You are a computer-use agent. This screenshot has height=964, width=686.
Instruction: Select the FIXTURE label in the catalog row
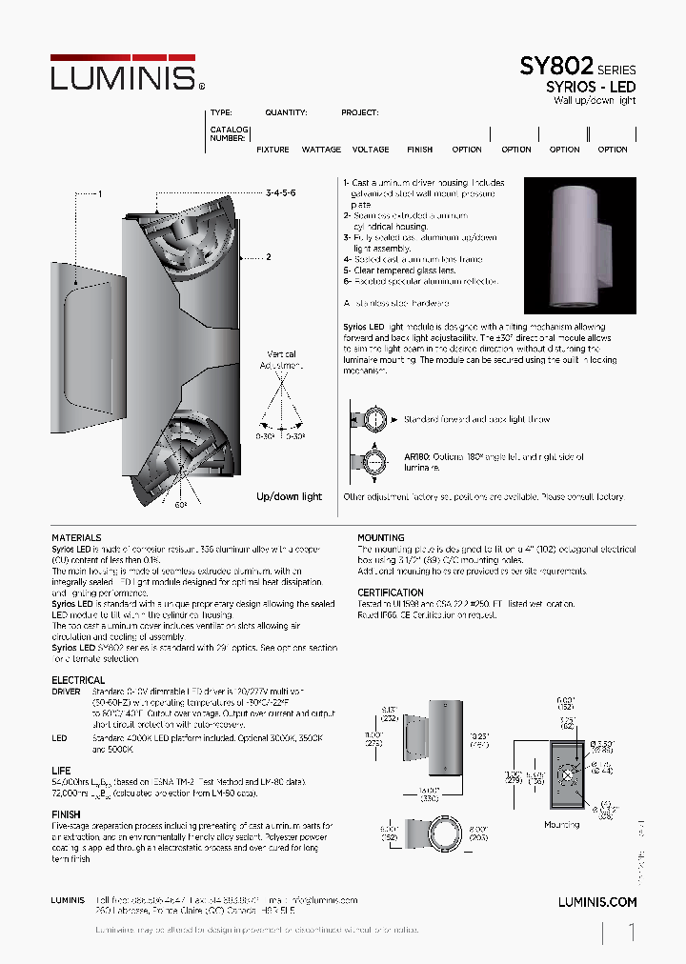pyautogui.click(x=272, y=150)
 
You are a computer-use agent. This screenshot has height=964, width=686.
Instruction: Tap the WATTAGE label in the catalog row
pyautogui.click(x=321, y=150)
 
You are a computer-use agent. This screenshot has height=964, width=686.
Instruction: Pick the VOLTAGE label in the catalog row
pyautogui.click(x=371, y=150)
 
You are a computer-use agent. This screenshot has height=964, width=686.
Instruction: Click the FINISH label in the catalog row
pyautogui.click(x=419, y=150)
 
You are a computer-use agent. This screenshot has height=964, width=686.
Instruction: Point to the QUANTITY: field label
pyautogui.click(x=286, y=112)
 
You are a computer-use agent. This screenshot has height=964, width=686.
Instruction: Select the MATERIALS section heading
pyautogui.click(x=76, y=538)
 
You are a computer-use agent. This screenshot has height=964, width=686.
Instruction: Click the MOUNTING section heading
pyautogui.click(x=381, y=538)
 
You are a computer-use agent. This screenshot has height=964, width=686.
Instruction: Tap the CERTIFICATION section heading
pyautogui.click(x=391, y=592)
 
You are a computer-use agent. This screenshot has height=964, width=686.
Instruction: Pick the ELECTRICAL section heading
pyautogui.click(x=78, y=680)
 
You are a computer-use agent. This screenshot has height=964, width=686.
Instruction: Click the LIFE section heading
pyautogui.click(x=60, y=770)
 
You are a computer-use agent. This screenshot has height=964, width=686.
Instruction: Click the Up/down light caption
pyautogui.click(x=289, y=496)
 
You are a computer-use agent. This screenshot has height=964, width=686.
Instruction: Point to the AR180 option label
pyautogui.click(x=418, y=457)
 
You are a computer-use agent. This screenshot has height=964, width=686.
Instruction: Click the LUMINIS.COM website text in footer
pyautogui.click(x=596, y=901)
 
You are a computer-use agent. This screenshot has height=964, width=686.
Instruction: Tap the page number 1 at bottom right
pyautogui.click(x=631, y=934)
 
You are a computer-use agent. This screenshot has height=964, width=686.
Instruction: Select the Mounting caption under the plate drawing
pyautogui.click(x=561, y=825)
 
